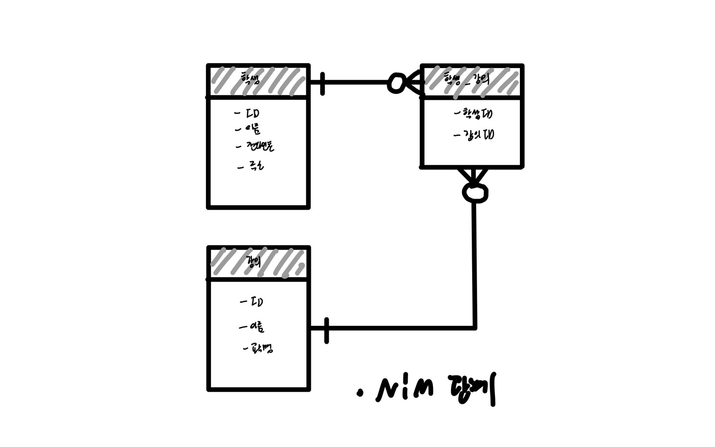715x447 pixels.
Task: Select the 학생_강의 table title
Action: coord(467,79)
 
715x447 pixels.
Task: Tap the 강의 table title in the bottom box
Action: coord(254,261)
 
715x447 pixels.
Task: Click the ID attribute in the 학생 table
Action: coord(253,114)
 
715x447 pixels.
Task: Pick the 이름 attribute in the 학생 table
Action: coord(253,130)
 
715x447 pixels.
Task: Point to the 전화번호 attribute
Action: coord(260,146)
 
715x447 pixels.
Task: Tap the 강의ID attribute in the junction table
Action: coord(478,135)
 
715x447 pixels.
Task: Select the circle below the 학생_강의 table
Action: coord(475,193)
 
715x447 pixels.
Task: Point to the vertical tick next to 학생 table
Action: coord(323,83)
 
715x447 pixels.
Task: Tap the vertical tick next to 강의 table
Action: coord(326,330)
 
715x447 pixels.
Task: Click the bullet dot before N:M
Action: coord(360,394)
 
